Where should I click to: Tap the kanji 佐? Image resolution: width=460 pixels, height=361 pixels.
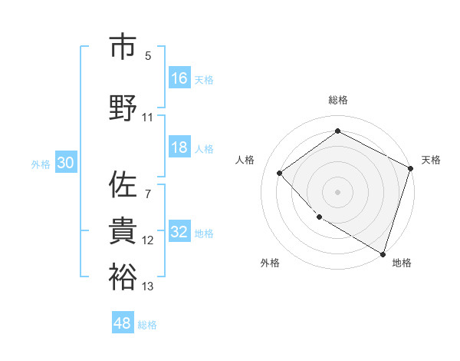pyautogui.click(x=123, y=184)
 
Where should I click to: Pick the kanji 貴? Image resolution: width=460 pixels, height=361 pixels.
pyautogui.click(x=123, y=230)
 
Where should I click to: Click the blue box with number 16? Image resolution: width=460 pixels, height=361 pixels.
pyautogui.click(x=179, y=78)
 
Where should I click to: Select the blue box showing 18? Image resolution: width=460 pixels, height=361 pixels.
pyautogui.click(x=179, y=148)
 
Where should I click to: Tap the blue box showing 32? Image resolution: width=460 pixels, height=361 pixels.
pyautogui.click(x=179, y=233)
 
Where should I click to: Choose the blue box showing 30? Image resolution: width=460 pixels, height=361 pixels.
pyautogui.click(x=65, y=164)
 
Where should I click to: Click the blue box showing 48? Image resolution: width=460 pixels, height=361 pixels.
pyautogui.click(x=123, y=323)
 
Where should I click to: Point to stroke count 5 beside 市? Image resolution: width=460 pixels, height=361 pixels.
pyautogui.click(x=147, y=56)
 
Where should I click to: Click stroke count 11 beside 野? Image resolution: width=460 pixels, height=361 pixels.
pyautogui.click(x=148, y=118)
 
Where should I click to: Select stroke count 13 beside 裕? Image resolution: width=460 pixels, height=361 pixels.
pyautogui.click(x=148, y=286)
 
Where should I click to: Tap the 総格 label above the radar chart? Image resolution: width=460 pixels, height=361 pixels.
pyautogui.click(x=338, y=100)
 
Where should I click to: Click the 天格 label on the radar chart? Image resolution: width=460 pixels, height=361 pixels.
pyautogui.click(x=431, y=160)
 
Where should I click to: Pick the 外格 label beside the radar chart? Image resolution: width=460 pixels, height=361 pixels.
pyautogui.click(x=270, y=263)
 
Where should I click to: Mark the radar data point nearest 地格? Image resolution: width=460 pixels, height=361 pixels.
pyautogui.click(x=382, y=253)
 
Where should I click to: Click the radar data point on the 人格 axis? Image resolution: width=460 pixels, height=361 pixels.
pyautogui.click(x=280, y=173)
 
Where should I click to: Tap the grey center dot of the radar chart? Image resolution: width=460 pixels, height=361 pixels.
pyautogui.click(x=337, y=191)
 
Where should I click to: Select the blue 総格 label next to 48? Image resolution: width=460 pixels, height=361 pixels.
pyautogui.click(x=147, y=325)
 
